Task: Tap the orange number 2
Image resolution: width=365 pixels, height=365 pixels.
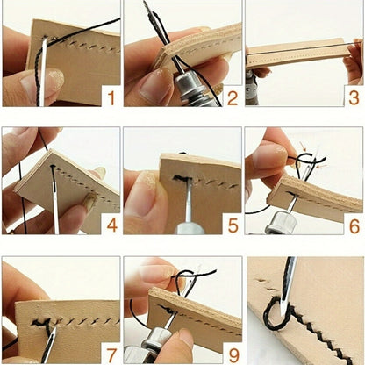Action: (232, 97)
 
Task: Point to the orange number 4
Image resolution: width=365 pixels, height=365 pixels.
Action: (110, 225)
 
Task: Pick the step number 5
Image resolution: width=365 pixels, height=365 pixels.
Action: (232, 225)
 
